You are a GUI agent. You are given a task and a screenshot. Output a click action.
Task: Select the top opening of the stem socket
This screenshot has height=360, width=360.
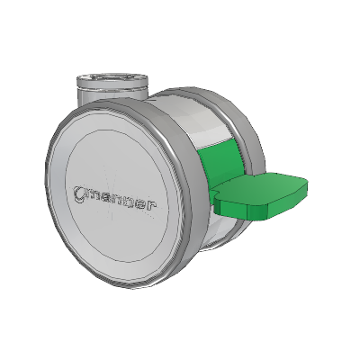(112, 80)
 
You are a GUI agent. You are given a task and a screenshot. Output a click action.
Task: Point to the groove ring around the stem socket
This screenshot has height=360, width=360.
(112, 89)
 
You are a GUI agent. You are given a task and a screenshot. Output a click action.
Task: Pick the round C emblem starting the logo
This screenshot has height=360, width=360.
(79, 193)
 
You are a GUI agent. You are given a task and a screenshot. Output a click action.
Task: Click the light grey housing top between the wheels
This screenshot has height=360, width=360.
(192, 117)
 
